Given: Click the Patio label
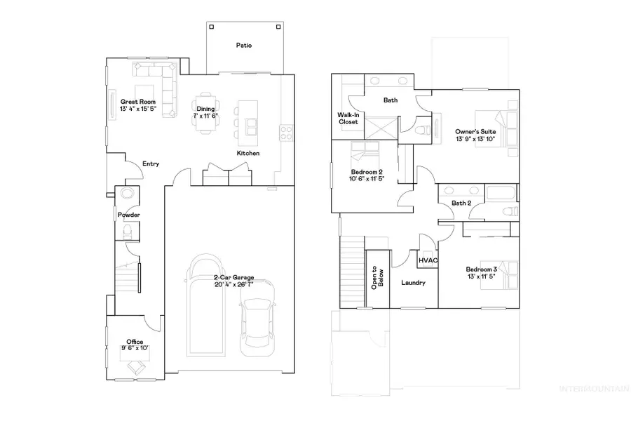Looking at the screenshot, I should pyautogui.click(x=244, y=46).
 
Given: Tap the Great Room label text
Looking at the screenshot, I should pyautogui.click(x=137, y=102).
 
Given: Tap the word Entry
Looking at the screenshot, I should pyautogui.click(x=151, y=164).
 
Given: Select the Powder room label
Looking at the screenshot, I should pyautogui.click(x=128, y=215).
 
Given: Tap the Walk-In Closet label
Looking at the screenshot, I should pyautogui.click(x=348, y=118).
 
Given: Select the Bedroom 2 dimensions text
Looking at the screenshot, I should pyautogui.click(x=367, y=178).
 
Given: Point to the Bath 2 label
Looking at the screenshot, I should pyautogui.click(x=461, y=203).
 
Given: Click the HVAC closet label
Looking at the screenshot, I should pyautogui.click(x=428, y=260).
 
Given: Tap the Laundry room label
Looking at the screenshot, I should pyautogui.click(x=414, y=283).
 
